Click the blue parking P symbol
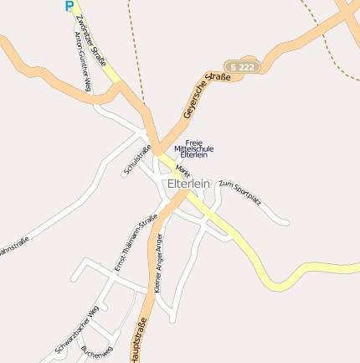[69, 6]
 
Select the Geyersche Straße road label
[206, 96]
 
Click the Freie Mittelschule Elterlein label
[193, 148]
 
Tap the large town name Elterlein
[188, 184]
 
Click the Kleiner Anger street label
[158, 263]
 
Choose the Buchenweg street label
[97, 351]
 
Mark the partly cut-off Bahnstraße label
[13, 248]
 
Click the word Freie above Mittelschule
[193, 142]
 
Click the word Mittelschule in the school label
[193, 148]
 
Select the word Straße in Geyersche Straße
[219, 82]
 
